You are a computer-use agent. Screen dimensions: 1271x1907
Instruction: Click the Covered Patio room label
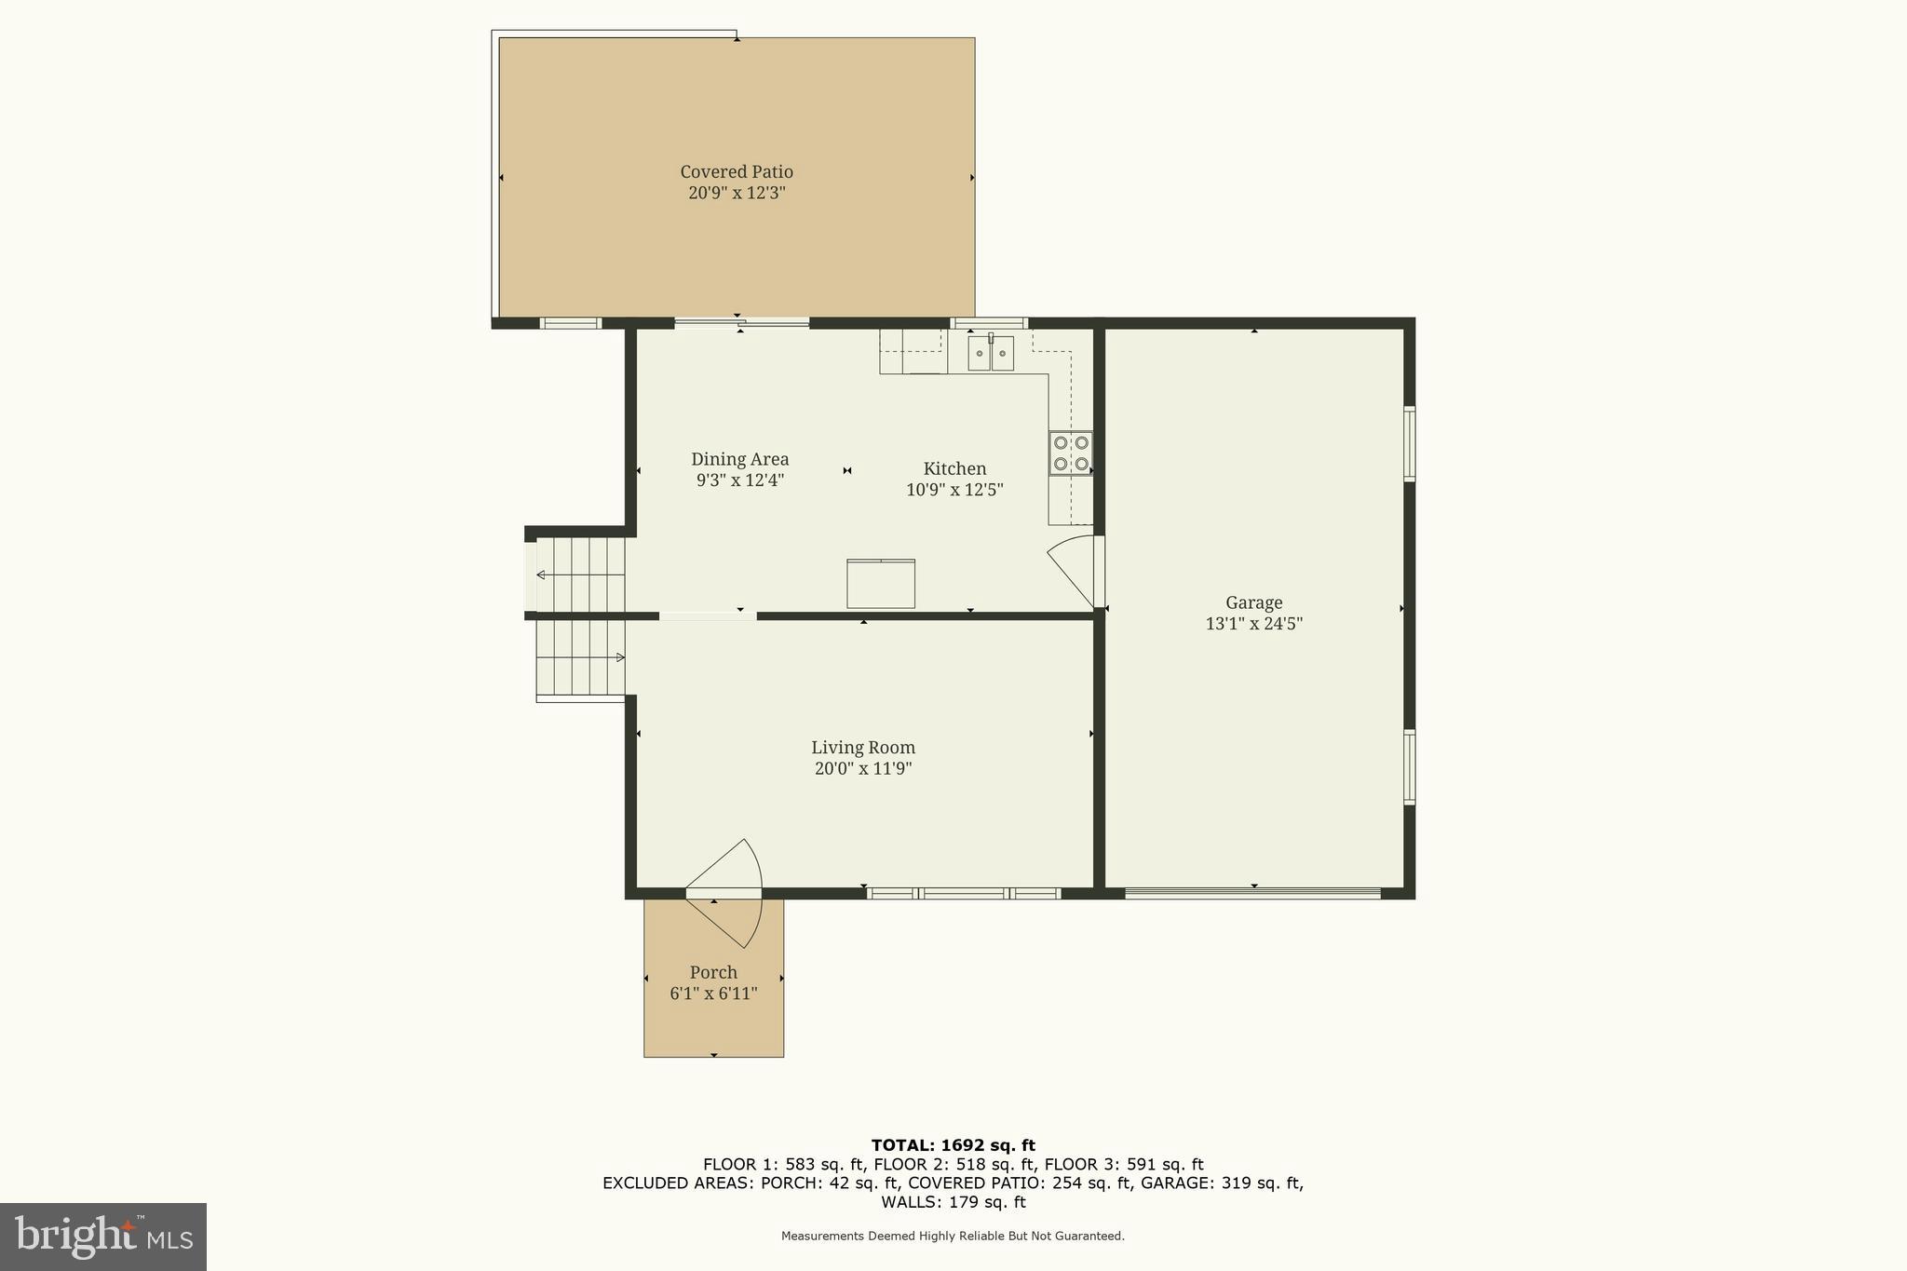click(736, 171)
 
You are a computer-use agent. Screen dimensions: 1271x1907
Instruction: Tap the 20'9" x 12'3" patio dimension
click(737, 194)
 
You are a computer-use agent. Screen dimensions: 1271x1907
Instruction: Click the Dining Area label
click(739, 459)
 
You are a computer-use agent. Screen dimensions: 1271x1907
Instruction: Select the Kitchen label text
click(954, 468)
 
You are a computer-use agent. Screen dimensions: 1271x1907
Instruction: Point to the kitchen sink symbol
click(990, 353)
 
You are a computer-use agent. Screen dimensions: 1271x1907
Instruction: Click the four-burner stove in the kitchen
click(1070, 453)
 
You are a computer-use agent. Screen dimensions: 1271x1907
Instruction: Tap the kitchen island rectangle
click(880, 584)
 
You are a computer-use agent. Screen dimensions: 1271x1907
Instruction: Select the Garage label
click(1253, 602)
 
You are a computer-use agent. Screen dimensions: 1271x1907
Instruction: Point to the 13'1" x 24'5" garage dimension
click(1253, 624)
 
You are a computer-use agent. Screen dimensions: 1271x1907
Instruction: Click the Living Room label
click(862, 747)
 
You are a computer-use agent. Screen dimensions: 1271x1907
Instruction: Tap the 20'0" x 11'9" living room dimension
click(862, 769)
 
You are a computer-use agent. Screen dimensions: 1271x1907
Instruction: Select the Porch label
click(713, 972)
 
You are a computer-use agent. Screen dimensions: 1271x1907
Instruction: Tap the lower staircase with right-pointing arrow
click(579, 658)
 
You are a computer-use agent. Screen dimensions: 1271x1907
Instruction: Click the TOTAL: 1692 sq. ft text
click(953, 1145)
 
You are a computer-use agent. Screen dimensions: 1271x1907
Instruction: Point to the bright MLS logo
click(103, 1237)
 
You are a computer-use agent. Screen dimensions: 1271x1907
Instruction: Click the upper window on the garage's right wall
click(1410, 443)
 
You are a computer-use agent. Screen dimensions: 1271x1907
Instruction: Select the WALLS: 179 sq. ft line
click(953, 1202)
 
